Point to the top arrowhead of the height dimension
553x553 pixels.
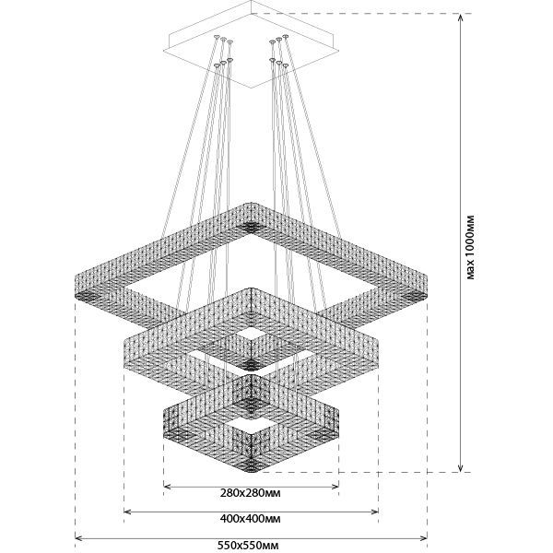460,19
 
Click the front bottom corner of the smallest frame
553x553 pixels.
251,463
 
